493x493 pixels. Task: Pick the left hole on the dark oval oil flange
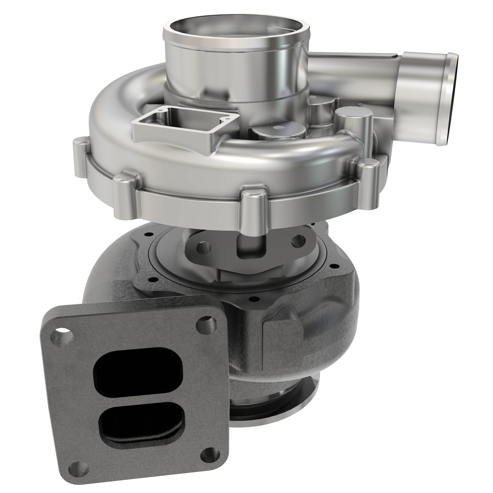pyautogui.click(x=203, y=247)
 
